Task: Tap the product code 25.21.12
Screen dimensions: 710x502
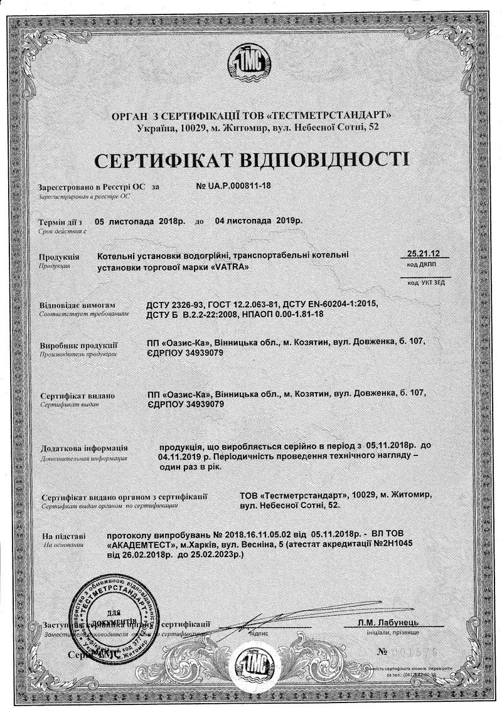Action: (424, 253)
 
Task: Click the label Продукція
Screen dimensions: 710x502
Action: (59, 257)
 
